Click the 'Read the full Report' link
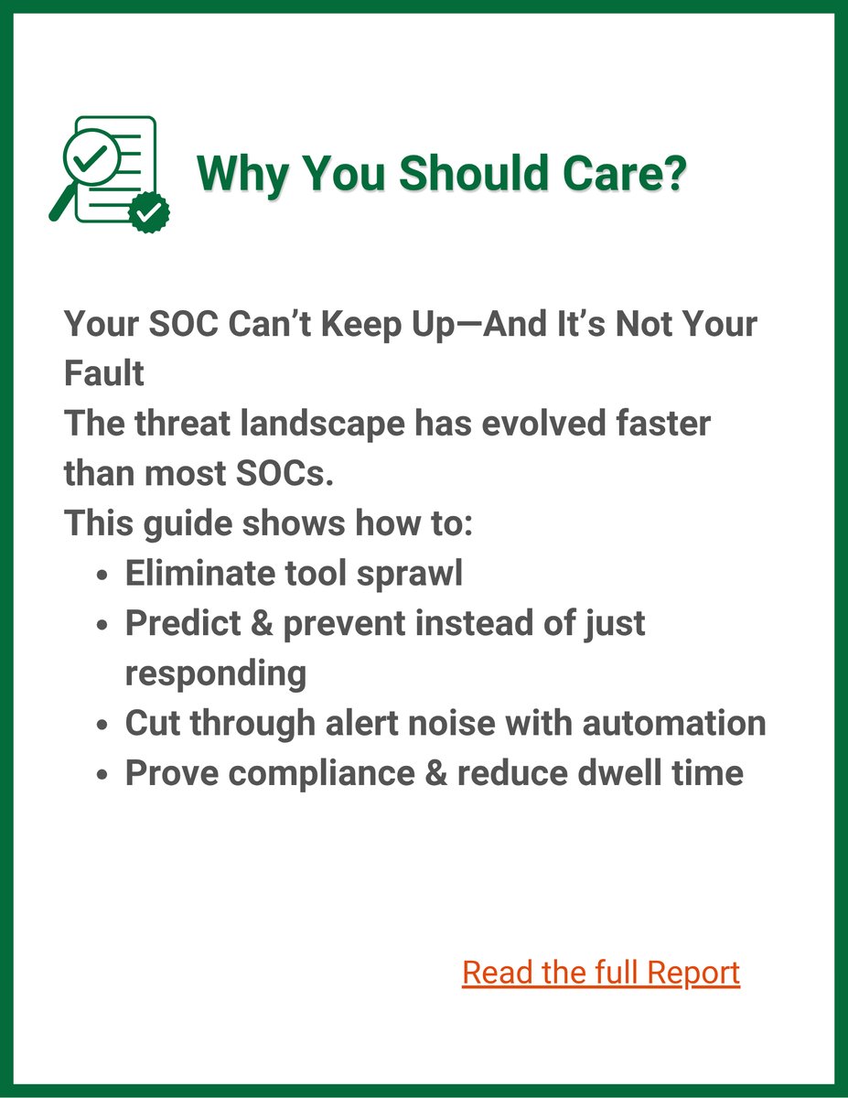tap(601, 973)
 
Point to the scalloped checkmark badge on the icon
tap(148, 212)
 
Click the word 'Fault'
tap(103, 374)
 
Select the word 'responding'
tap(215, 673)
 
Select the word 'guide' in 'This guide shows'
tap(188, 524)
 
